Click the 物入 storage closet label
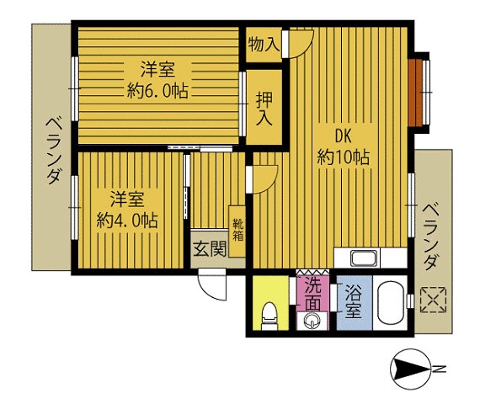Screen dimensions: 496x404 pos(264,45)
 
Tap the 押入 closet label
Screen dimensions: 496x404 pos(264,109)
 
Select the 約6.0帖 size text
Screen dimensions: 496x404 pos(157,91)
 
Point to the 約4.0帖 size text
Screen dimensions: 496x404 pos(127,221)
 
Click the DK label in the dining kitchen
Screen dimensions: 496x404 pos(344,137)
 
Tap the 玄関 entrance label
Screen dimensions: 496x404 pos(210,249)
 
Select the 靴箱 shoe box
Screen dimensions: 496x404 pos(237,231)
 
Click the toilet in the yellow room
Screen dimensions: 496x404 pos(269,316)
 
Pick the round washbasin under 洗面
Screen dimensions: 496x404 pos(312,322)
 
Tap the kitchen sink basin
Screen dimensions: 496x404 pos(365,259)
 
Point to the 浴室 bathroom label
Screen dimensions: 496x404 pos(353,301)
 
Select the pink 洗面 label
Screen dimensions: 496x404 pos(312,294)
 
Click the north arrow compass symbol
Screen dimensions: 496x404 pos(411,369)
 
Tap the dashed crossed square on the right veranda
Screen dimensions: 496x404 pos(433,300)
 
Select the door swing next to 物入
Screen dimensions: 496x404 pos(300,43)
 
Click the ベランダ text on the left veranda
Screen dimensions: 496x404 pos(53,151)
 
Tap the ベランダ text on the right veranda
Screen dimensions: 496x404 pos(431,237)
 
